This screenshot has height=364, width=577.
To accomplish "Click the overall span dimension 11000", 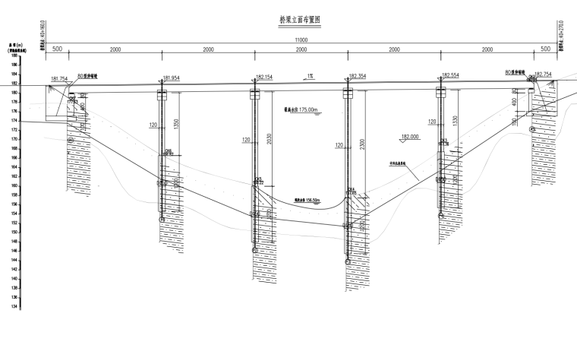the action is click(x=301, y=40).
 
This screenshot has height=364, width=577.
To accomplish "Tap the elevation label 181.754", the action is click(x=59, y=78).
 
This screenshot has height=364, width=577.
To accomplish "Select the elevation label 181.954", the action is click(x=171, y=78).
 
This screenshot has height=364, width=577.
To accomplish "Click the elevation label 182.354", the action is click(x=357, y=76).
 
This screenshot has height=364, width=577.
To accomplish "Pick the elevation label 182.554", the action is click(x=449, y=75).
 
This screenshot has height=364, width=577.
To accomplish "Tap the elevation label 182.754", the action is click(x=543, y=74).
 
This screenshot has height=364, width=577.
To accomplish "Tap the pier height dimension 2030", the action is click(x=270, y=137).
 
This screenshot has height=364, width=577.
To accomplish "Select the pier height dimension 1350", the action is click(x=177, y=122).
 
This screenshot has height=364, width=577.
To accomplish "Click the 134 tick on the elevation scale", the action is click(x=15, y=306).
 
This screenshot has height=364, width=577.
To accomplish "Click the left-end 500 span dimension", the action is click(x=56, y=49).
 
